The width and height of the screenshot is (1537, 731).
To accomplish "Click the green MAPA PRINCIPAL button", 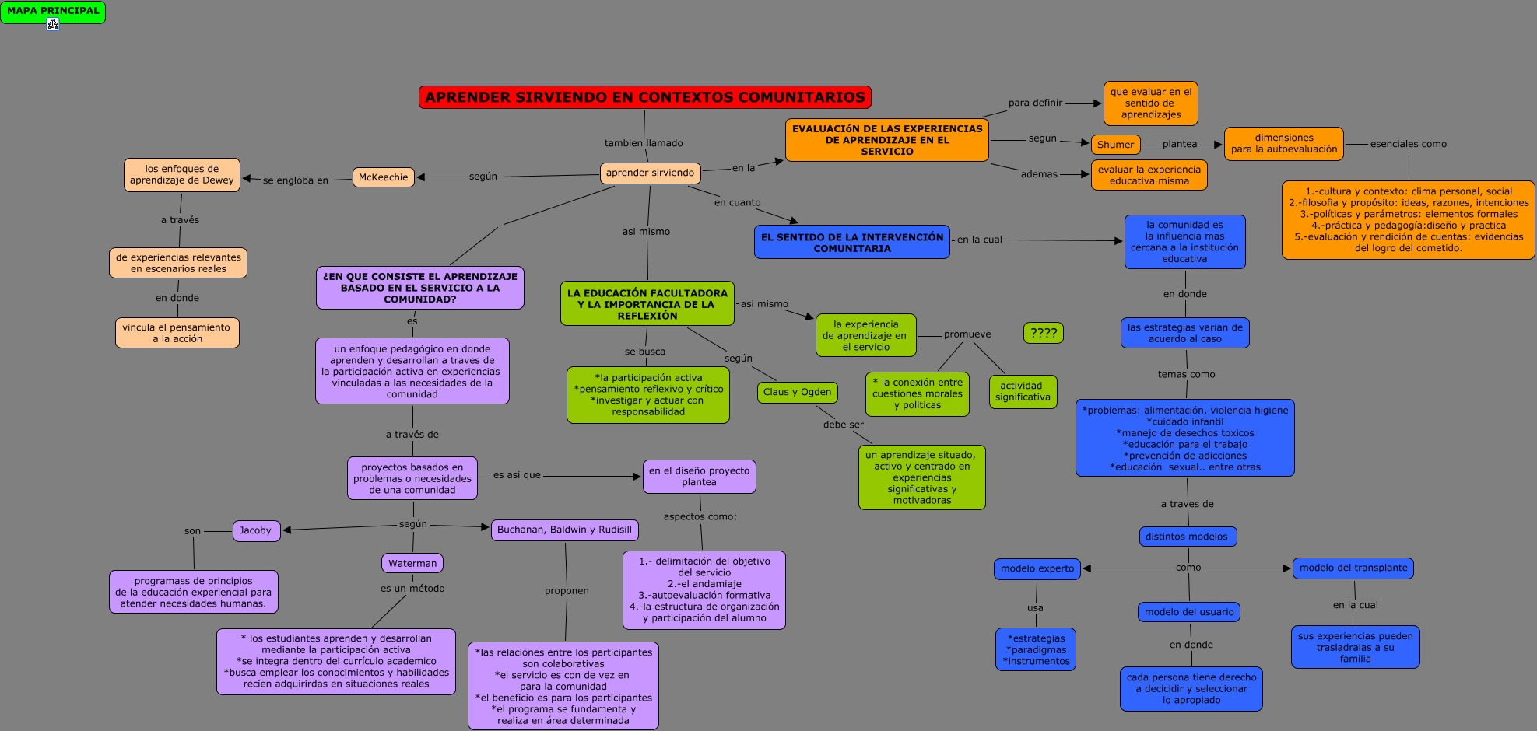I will pyautogui.click(x=53, y=11).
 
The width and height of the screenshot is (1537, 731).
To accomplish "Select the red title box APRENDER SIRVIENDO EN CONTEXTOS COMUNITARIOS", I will pyautogui.click(x=644, y=97).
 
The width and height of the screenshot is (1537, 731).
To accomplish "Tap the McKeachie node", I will pyautogui.click(x=383, y=177).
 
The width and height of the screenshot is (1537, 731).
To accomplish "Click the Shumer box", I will pyautogui.click(x=1115, y=145).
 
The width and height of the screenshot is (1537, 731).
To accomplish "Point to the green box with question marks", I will pyautogui.click(x=1043, y=333).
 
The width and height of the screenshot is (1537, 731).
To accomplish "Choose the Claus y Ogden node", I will pyautogui.click(x=797, y=392).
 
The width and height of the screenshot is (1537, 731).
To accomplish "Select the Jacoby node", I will pyautogui.click(x=256, y=530).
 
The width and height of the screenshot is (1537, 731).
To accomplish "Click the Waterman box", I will pyautogui.click(x=412, y=563).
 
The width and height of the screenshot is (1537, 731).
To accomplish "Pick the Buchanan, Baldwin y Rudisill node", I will pyautogui.click(x=564, y=530).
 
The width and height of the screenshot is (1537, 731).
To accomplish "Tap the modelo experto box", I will pyautogui.click(x=1037, y=568).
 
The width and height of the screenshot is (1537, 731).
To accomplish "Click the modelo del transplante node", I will pyautogui.click(x=1353, y=568).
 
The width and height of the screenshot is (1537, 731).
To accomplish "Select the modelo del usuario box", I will pyautogui.click(x=1188, y=612).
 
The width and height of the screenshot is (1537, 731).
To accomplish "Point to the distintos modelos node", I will pyautogui.click(x=1186, y=537).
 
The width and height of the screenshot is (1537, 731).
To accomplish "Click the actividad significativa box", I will pyautogui.click(x=1023, y=391).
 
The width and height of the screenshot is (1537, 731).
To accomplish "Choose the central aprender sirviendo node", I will pyautogui.click(x=650, y=173).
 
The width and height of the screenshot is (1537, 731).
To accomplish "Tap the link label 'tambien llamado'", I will pyautogui.click(x=644, y=143).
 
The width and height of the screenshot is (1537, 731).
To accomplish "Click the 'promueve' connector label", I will pyautogui.click(x=967, y=334).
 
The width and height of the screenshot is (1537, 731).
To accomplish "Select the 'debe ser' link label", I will pyautogui.click(x=843, y=425).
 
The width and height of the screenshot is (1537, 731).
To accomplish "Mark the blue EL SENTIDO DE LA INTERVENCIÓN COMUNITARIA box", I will pyautogui.click(x=851, y=242).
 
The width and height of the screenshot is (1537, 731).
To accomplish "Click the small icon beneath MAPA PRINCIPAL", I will pyautogui.click(x=53, y=24).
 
